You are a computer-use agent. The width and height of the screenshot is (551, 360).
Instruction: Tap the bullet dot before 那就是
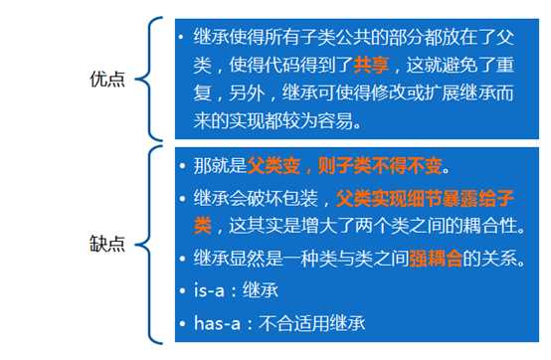point(181,164)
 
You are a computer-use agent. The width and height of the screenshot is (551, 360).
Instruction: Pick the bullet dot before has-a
point(181,322)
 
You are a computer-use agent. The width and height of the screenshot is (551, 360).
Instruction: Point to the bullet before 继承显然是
point(181,259)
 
